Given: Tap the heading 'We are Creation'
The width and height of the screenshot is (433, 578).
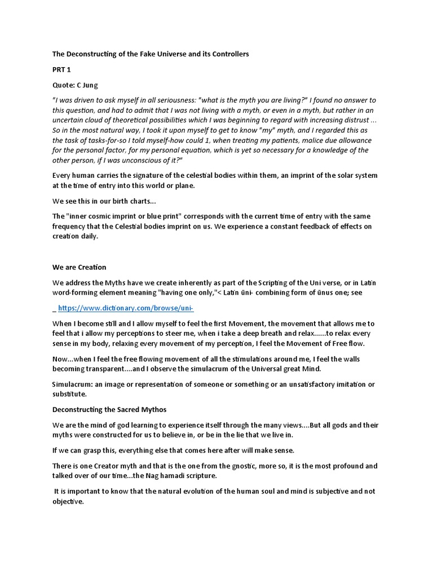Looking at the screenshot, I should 79,267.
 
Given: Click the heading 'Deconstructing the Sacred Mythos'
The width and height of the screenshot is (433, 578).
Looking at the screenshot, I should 111,409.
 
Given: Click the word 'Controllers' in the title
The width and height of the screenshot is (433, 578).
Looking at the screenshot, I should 228,54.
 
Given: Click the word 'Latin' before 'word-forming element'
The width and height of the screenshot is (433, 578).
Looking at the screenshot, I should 368,283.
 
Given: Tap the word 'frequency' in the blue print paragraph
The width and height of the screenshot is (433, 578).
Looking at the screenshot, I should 70,226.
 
